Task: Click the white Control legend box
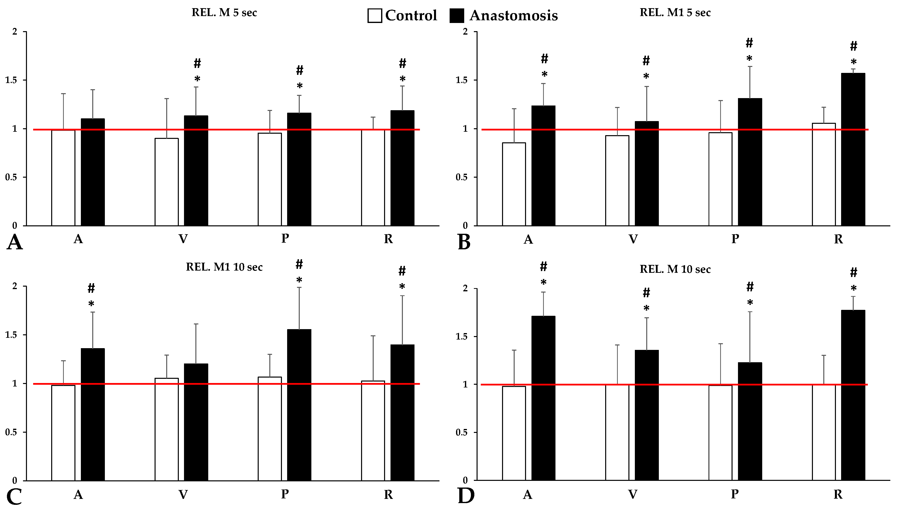coord(374,16)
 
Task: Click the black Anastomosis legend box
coord(457,16)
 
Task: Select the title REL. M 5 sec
coord(224,13)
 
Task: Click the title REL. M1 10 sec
coord(224,267)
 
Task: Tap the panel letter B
coord(464,242)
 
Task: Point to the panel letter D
coord(466,496)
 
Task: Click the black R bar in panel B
coord(853,149)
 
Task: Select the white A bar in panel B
coord(514,184)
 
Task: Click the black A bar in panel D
coord(543,398)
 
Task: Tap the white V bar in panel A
coord(166,182)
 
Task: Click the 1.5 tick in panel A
coord(11,80)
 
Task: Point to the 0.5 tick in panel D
coord(461,432)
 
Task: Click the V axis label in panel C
coord(183,494)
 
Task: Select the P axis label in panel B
coord(735,239)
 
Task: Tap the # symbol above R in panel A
coord(402,64)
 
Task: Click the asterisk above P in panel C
coord(299,280)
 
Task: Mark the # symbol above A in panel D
coord(543,267)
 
